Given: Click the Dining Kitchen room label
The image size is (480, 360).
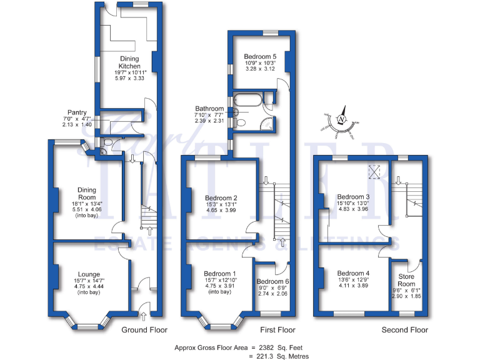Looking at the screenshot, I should (130, 62).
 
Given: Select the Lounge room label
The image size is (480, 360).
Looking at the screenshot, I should (87, 274).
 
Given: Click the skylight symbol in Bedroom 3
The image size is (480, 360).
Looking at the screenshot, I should (375, 171).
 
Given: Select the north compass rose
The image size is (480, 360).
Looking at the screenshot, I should (341, 119).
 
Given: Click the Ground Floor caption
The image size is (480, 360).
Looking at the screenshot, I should (144, 330).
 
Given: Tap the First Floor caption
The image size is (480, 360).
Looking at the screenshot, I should (277, 330).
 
